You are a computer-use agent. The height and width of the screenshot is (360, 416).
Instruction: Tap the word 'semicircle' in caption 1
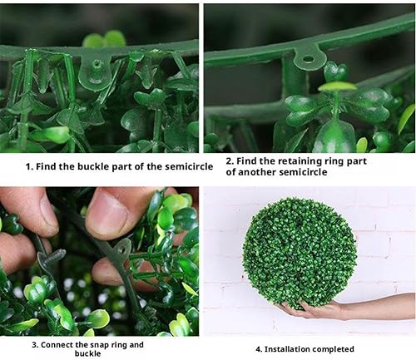[x=189, y=166]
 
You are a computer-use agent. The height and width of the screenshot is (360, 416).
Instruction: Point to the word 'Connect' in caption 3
[x=57, y=345]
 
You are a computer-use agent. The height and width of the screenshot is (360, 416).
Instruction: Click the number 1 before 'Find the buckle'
[x=28, y=167]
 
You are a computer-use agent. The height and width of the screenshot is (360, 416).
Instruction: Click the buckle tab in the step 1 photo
[x=95, y=72]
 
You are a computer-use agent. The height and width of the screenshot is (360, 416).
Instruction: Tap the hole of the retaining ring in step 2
[x=307, y=59]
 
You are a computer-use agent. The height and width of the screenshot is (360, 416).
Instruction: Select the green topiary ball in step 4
[x=300, y=253]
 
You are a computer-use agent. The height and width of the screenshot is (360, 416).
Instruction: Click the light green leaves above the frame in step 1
[x=105, y=39]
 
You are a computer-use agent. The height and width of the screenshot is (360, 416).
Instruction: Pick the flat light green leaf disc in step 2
[x=337, y=86]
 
